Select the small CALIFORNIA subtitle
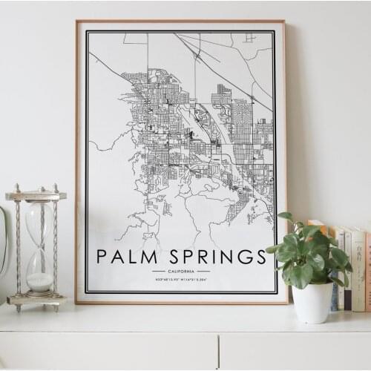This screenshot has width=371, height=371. click(x=181, y=272)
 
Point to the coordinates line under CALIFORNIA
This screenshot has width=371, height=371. click(x=181, y=280)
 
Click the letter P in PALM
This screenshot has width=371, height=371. click(x=102, y=257)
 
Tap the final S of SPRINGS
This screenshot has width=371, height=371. click(x=260, y=257)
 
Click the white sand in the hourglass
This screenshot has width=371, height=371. click(x=39, y=282)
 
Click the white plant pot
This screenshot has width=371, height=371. click(x=312, y=302)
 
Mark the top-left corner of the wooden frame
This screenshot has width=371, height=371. click(x=76, y=22)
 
